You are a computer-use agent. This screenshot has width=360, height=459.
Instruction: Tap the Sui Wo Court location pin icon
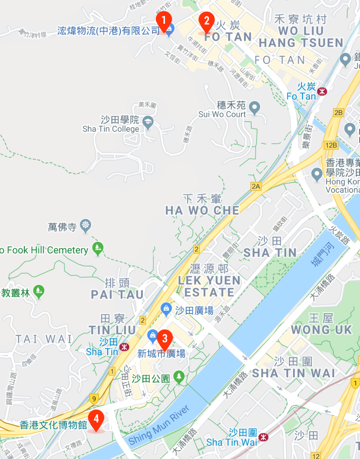(254, 108)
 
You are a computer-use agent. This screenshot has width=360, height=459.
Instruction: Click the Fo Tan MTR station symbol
(323, 91)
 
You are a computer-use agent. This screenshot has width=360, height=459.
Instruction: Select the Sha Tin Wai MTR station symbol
(263, 437)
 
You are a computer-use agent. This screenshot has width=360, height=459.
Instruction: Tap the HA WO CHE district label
(202, 210)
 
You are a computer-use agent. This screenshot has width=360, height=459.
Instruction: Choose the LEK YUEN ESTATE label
(209, 286)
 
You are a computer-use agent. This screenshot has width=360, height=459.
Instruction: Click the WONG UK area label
(321, 329)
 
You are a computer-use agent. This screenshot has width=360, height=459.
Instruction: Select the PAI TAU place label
(117, 294)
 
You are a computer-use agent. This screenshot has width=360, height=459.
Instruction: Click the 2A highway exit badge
(256, 186)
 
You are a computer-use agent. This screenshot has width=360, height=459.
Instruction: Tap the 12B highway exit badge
(332, 145)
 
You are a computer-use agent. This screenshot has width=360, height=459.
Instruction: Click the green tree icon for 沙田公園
(179, 376)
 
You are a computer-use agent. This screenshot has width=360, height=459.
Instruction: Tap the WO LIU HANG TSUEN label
(301, 37)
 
